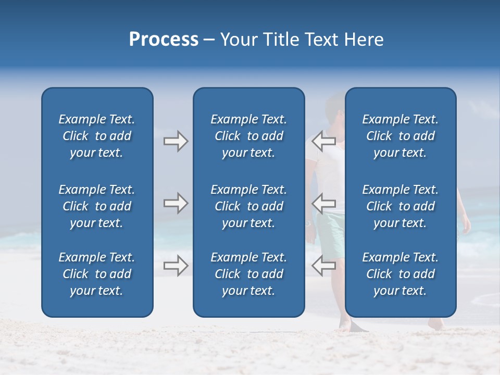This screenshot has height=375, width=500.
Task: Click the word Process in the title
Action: pyautogui.click(x=164, y=40)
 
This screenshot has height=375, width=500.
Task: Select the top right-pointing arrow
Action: pyautogui.click(x=176, y=141)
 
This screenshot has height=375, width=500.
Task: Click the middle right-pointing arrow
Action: pyautogui.click(x=176, y=203)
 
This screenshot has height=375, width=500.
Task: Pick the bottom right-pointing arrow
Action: pyautogui.click(x=176, y=266)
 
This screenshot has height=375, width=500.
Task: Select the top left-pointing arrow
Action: pyautogui.click(x=323, y=141)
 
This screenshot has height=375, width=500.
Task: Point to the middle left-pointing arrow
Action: pyautogui.click(x=323, y=203)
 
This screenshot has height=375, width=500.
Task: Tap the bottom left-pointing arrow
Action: pyautogui.click(x=323, y=266)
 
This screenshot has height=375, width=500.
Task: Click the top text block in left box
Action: pyautogui.click(x=97, y=136)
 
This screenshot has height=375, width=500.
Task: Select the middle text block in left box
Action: pyautogui.click(x=97, y=206)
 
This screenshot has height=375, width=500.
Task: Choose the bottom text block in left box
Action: pyautogui.click(x=97, y=274)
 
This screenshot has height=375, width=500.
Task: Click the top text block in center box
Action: pyautogui.click(x=248, y=136)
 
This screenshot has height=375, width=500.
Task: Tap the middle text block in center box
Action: pyautogui.click(x=248, y=206)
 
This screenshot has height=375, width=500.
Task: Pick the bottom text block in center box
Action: pyautogui.click(x=248, y=274)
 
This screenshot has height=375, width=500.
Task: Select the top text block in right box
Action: pyautogui.click(x=400, y=136)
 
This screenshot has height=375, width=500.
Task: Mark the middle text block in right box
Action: pyautogui.click(x=400, y=206)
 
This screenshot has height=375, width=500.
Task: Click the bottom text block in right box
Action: pyautogui.click(x=400, y=274)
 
